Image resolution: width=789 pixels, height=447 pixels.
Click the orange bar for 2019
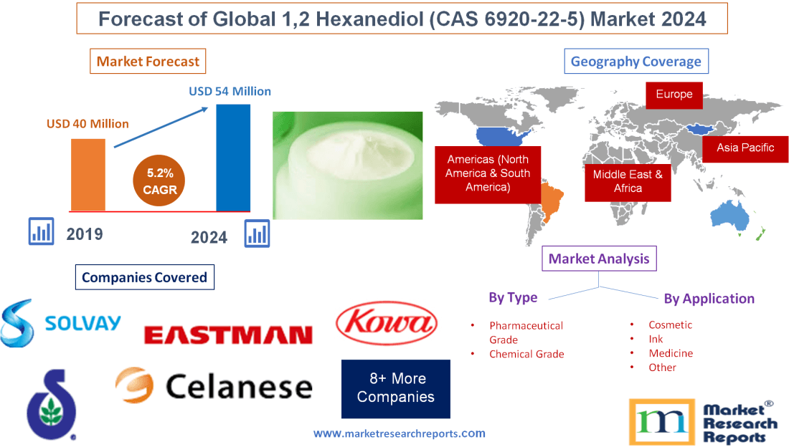(x=88, y=174)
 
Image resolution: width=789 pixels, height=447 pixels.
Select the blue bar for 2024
(x=233, y=158)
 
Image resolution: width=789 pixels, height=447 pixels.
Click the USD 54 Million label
(x=230, y=91)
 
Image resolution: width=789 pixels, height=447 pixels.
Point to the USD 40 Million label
(x=88, y=124)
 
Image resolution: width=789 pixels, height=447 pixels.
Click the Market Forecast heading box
(x=148, y=61)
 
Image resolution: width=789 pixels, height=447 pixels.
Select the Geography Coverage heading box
(x=636, y=61)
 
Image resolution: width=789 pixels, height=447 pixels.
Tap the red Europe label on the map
(x=674, y=95)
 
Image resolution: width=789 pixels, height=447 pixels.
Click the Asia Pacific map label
(x=745, y=148)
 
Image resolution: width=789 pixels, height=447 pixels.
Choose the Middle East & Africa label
(x=628, y=181)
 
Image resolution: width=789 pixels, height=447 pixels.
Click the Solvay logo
(x=61, y=323)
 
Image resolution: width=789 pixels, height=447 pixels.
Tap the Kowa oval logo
(x=387, y=323)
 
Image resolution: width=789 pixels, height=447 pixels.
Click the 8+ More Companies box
(x=396, y=388)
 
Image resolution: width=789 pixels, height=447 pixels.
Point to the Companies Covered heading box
(x=144, y=277)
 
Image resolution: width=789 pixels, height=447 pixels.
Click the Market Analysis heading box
(x=599, y=259)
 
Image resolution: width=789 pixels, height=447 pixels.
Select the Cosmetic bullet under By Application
(x=670, y=325)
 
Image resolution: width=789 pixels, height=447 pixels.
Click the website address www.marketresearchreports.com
(x=400, y=433)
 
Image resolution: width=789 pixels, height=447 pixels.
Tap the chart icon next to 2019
(x=41, y=231)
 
